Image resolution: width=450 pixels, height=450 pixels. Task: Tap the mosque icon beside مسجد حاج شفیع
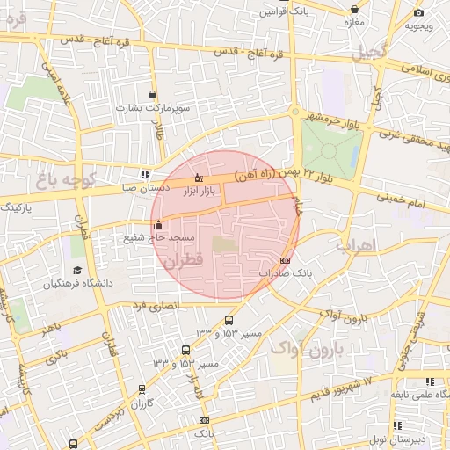[158, 224]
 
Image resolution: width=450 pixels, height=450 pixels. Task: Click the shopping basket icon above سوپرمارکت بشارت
[154, 94]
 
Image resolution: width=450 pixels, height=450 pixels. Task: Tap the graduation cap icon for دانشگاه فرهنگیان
[77, 270]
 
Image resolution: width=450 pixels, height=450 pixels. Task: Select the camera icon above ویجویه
[418, 12]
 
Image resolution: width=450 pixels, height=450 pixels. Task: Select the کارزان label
[142, 403]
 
